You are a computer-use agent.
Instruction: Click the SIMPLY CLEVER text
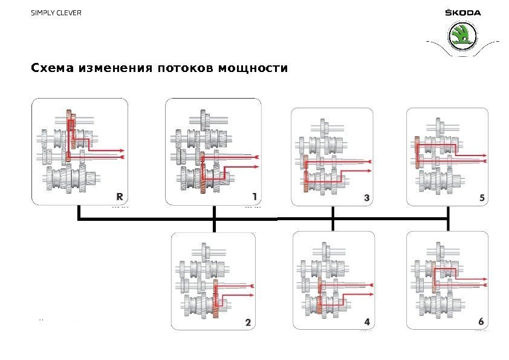coord(56,13)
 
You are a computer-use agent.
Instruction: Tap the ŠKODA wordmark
coord(462,13)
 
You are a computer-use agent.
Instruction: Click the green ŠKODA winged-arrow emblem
coord(462,36)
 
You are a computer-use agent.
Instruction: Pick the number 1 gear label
coord(254,196)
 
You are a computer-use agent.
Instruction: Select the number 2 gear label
coord(247,322)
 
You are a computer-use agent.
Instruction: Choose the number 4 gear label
coord(366,322)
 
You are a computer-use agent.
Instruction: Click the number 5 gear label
coord(481,197)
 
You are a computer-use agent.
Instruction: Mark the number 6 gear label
coord(481,322)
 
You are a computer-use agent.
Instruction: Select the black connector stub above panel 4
coord(333,225)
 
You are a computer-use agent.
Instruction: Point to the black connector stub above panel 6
coord(448,225)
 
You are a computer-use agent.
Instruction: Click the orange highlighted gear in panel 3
coord(306,172)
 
